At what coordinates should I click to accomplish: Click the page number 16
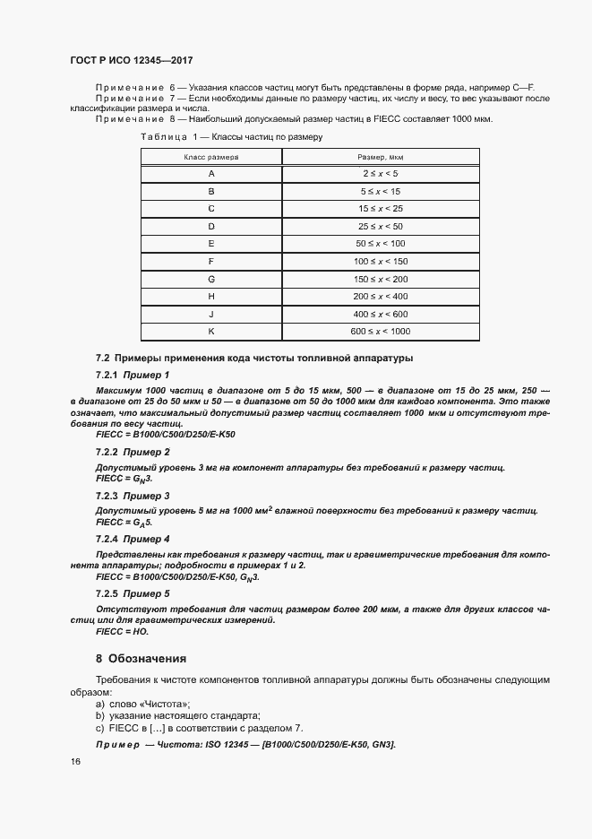pyautogui.click(x=74, y=761)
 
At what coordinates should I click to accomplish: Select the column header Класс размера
pyautogui.click(x=210, y=157)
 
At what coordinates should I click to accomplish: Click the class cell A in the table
pyautogui.click(x=210, y=174)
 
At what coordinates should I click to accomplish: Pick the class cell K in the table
pyautogui.click(x=210, y=332)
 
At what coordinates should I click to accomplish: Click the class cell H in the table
pyautogui.click(x=210, y=296)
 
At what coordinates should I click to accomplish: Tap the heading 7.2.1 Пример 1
pyautogui.click(x=133, y=375)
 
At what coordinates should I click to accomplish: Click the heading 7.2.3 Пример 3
pyautogui.click(x=133, y=496)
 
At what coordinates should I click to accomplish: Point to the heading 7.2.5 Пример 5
pyautogui.click(x=133, y=593)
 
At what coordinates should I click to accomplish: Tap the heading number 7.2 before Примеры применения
pyautogui.click(x=102, y=359)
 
